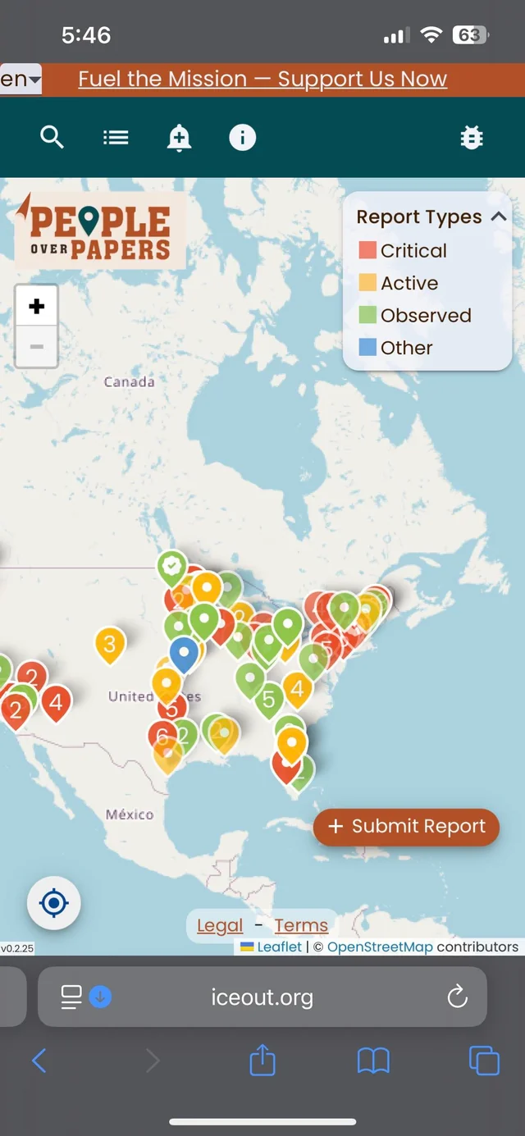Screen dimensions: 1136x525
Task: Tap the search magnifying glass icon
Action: (x=52, y=138)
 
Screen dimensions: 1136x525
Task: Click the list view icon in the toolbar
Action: (x=116, y=138)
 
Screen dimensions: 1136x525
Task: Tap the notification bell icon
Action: (x=179, y=138)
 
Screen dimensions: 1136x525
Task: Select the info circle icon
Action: (x=242, y=138)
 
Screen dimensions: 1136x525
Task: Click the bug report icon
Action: (x=472, y=138)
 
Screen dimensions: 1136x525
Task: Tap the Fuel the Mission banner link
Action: (x=262, y=80)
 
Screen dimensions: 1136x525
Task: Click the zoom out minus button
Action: (x=36, y=346)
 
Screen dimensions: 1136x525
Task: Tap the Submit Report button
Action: (x=407, y=826)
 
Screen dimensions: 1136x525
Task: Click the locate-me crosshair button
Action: (x=54, y=903)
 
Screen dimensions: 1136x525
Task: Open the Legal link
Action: (x=220, y=926)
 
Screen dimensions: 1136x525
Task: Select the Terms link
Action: (x=301, y=926)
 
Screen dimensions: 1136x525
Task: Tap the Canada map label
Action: (x=129, y=381)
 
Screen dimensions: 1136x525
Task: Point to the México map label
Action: (x=130, y=814)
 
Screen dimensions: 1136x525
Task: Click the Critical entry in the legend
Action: (x=413, y=251)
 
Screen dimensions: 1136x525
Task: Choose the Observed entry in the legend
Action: (x=425, y=316)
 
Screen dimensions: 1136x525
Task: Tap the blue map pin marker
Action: (x=184, y=653)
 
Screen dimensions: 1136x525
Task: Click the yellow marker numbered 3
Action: (x=110, y=642)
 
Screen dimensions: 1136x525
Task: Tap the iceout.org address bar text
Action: (x=262, y=997)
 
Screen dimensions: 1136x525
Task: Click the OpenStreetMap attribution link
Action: (x=380, y=947)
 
